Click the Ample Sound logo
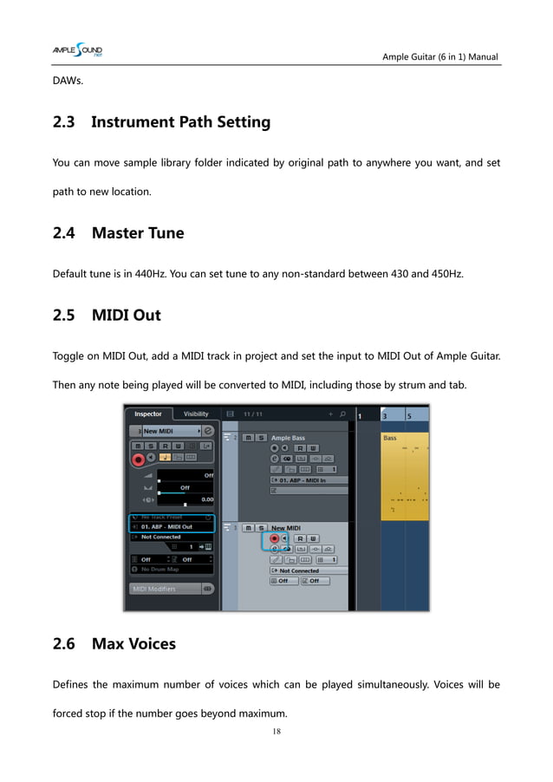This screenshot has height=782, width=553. [x=77, y=55]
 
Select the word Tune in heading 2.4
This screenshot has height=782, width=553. [x=164, y=232]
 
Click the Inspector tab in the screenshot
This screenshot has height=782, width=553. [x=148, y=414]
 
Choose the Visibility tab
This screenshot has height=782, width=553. [x=196, y=414]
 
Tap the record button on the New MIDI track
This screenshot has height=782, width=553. [x=275, y=538]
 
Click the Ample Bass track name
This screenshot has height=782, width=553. [x=289, y=439]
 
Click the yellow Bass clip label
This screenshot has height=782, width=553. [x=390, y=439]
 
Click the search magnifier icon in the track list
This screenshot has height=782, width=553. [x=342, y=414]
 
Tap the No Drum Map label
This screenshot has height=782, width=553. [x=160, y=569]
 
